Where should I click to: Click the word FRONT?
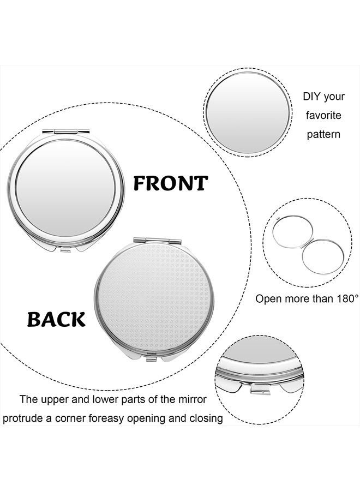pyautogui.click(x=171, y=183)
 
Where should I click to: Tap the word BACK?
pyautogui.click(x=56, y=319)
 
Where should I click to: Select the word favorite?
pyautogui.click(x=323, y=116)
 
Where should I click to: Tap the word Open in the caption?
pyautogui.click(x=268, y=298)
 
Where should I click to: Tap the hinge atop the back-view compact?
pyautogui.click(x=157, y=240)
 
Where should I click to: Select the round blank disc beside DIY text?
pyautogui.click(x=247, y=112)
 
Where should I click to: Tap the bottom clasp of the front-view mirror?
pyautogui.click(x=65, y=249)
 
